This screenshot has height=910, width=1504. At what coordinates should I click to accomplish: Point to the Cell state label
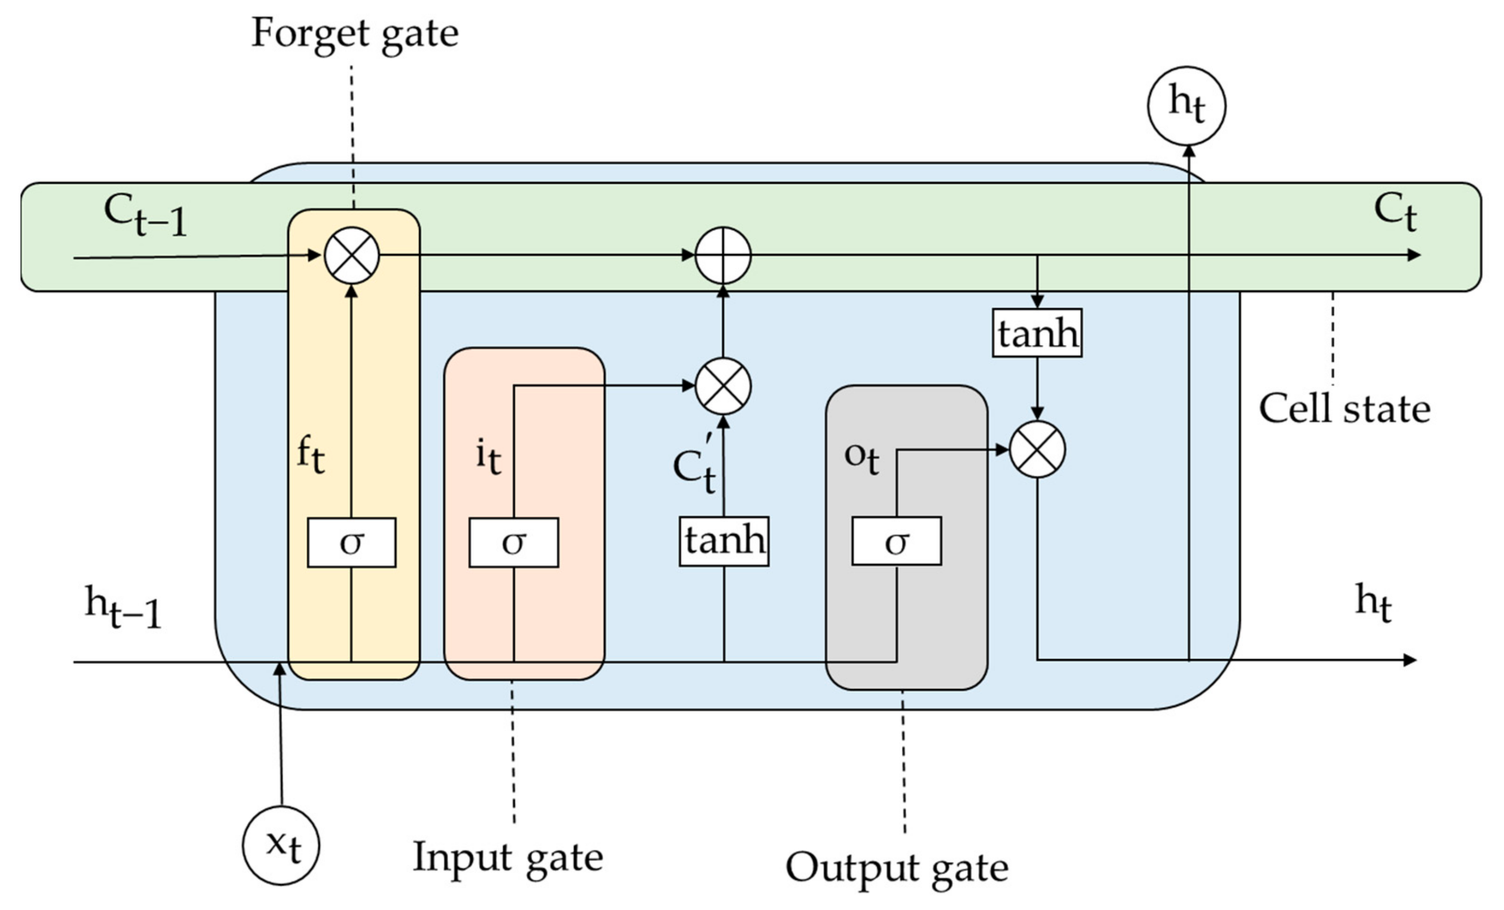coord(1344,409)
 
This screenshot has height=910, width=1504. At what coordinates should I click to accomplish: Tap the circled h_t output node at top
coord(1186,105)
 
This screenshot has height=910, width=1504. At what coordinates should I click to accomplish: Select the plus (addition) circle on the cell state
coord(724,255)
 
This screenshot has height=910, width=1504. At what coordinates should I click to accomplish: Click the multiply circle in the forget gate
coord(352,255)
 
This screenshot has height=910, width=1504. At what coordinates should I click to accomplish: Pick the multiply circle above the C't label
coord(724,386)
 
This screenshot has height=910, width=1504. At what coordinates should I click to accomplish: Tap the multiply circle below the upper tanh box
coord(1037,449)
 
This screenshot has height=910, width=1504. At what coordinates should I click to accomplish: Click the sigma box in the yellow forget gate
coord(352,542)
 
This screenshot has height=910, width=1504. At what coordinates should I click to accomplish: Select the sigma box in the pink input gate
coord(513,542)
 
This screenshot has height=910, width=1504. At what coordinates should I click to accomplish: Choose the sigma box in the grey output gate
coord(896,541)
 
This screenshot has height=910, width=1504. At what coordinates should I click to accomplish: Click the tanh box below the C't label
coord(724,541)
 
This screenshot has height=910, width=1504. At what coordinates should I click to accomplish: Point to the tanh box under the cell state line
coord(1037,333)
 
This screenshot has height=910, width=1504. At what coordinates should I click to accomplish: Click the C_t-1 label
coord(145,215)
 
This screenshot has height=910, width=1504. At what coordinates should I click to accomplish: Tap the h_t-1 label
coord(123,607)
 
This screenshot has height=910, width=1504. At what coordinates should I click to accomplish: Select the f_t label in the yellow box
coord(311,455)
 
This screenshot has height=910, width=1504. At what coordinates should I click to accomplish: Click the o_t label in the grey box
coord(861,458)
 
